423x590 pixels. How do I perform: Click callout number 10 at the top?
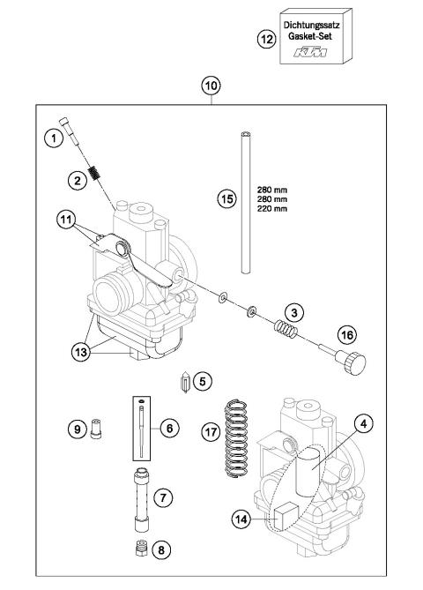click(x=211, y=86)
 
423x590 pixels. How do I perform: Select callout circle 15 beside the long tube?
click(x=228, y=198)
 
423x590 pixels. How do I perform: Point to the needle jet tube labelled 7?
click(x=139, y=497)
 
